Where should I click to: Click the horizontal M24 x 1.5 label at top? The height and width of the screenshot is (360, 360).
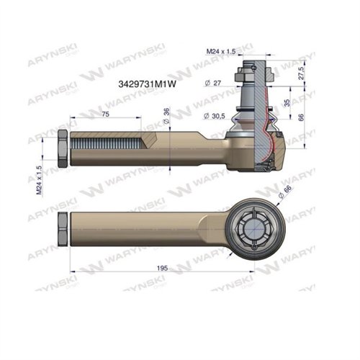point(222,51)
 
